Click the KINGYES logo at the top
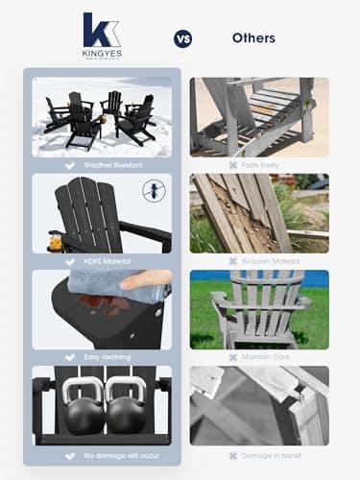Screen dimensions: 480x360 (x=101, y=36)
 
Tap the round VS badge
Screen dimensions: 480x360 (x=182, y=38)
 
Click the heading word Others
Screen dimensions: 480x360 (x=253, y=38)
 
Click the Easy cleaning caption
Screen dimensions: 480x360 (x=108, y=355)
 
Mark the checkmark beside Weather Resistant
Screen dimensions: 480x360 (x=67, y=163)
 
